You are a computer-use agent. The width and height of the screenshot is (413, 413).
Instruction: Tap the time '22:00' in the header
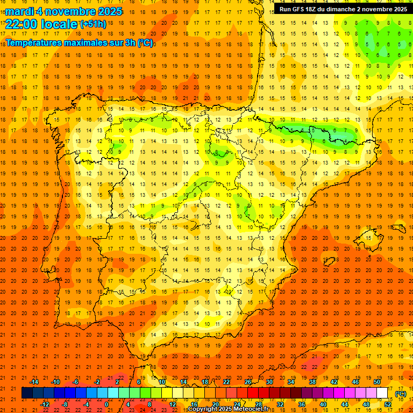(22, 24)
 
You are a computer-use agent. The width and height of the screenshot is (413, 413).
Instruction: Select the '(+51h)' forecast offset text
(93, 24)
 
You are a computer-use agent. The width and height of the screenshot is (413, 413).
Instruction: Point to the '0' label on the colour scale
(106, 404)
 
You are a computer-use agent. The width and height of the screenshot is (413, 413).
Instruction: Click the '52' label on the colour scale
(388, 404)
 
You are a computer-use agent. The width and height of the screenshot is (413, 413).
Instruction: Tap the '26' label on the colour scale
(248, 382)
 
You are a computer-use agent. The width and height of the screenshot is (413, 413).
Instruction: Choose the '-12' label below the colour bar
(45, 404)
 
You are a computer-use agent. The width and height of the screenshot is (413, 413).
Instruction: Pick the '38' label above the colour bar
(312, 382)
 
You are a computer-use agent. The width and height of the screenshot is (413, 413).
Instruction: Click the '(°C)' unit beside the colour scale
(401, 394)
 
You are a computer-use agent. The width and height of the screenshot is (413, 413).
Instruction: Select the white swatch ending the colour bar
(382, 393)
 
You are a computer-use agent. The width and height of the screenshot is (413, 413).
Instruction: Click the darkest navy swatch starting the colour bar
(27, 393)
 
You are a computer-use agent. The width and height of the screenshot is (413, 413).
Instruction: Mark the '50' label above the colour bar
(377, 382)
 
